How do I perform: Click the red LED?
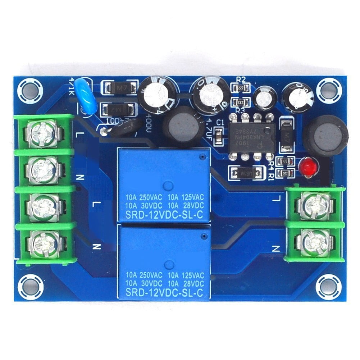tap(307, 168)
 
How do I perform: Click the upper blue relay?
tap(164, 185)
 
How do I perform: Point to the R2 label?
tap(241, 79)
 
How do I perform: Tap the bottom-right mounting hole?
tap(328, 286)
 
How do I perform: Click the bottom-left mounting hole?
tap(31, 286)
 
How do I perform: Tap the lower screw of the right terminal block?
tap(314, 242)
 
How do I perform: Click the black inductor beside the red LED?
tap(325, 136)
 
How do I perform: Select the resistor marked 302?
tap(286, 173)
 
